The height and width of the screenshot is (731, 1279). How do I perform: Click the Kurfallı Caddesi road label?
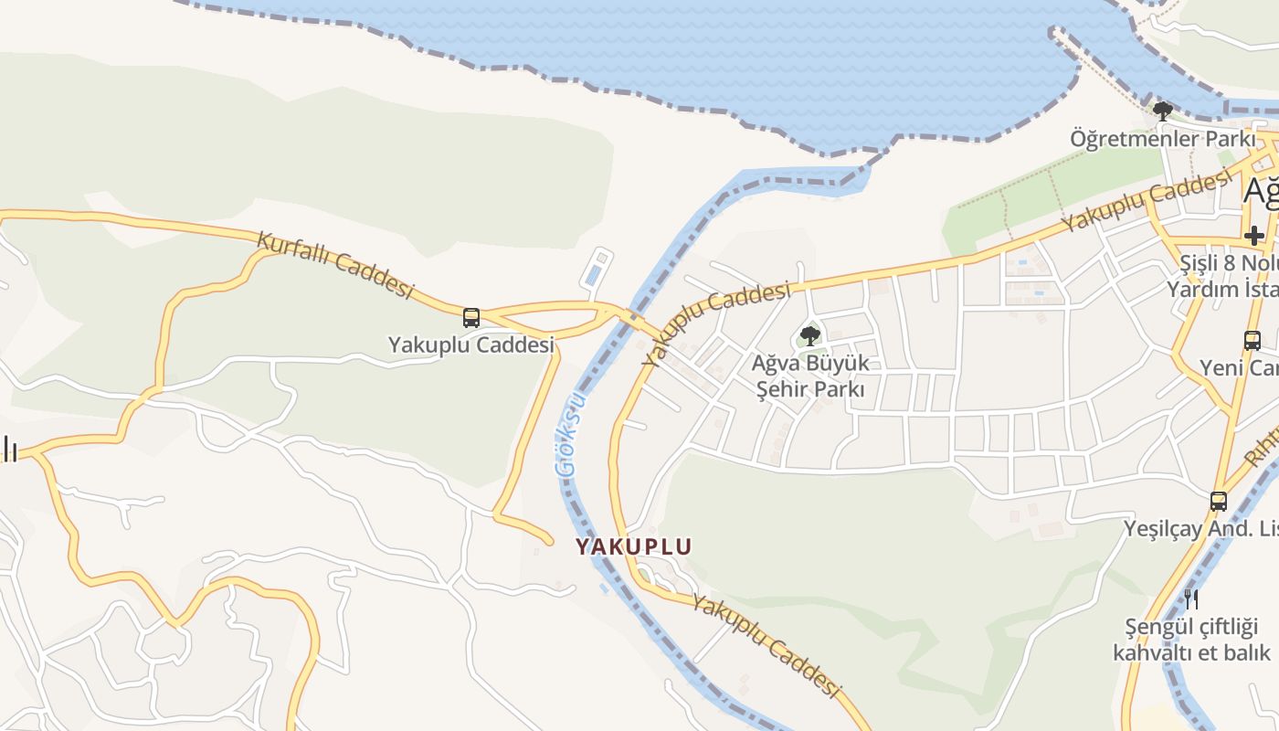[x=334, y=264]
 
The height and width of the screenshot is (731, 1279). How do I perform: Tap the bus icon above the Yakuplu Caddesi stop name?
[x=471, y=318]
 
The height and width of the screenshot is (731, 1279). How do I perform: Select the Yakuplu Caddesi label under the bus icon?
[x=471, y=345]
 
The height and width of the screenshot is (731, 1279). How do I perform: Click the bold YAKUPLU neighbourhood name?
[x=633, y=546]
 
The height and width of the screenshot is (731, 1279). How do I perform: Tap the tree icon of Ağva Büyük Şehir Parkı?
[x=809, y=335]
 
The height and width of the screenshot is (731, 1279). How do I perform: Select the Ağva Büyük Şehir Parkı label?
[x=809, y=376]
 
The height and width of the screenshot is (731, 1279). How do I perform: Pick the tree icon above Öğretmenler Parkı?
[x=1162, y=111]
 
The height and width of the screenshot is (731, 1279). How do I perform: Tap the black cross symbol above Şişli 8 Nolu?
[x=1253, y=235]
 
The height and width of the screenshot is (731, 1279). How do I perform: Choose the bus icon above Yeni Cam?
[x=1253, y=341]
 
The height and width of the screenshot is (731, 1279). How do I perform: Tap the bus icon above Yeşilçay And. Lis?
[x=1219, y=501]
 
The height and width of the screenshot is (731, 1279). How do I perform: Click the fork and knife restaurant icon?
[x=1191, y=599]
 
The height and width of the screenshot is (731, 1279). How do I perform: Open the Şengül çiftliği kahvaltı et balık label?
[x=1191, y=640]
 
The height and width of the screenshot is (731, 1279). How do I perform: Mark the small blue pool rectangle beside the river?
[x=594, y=273]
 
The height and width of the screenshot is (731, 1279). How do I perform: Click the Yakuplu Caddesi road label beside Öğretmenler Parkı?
[x=1146, y=203]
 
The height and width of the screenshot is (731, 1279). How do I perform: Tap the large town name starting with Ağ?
[x=1261, y=192]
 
